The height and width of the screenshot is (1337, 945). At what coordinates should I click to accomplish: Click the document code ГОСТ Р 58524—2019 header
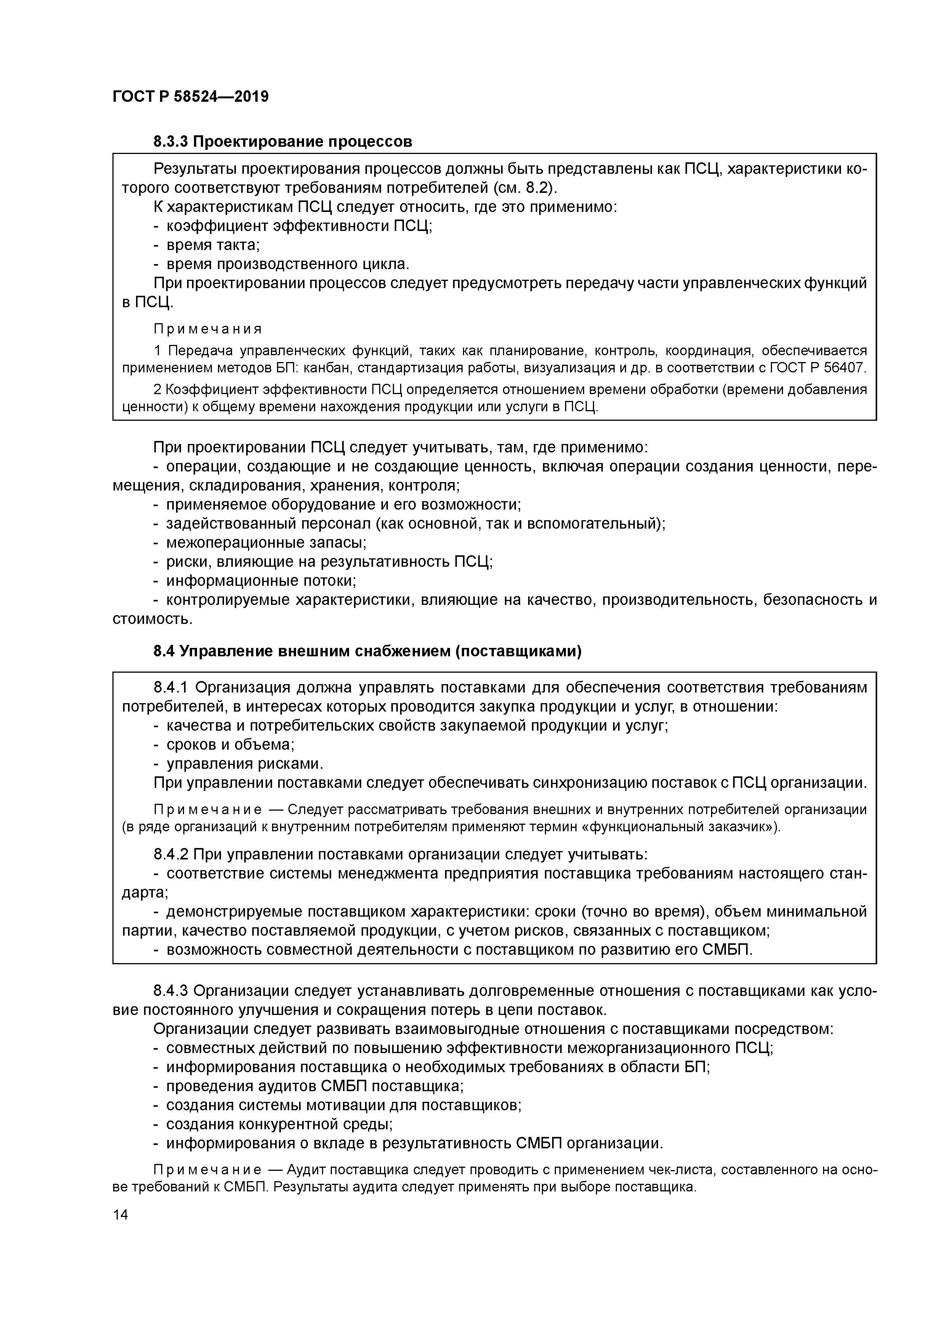[x=191, y=97]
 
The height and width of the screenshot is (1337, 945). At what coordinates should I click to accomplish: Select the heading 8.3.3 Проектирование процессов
[x=283, y=141]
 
